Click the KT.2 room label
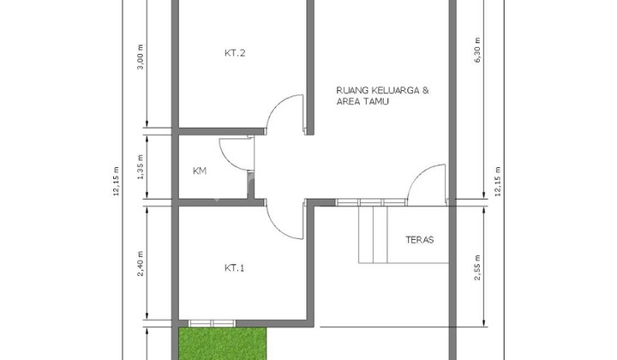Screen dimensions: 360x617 point(235,53)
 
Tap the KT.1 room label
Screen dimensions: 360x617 point(235,268)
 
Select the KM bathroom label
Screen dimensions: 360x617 point(200,171)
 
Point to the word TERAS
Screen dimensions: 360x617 point(419,240)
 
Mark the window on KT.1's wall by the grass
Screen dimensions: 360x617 point(210,323)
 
